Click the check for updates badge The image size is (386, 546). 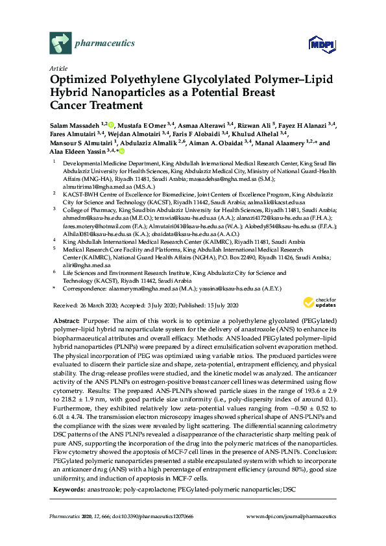pyautogui.click(x=317, y=302)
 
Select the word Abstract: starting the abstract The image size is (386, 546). pyautogui.click(x=66, y=322)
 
